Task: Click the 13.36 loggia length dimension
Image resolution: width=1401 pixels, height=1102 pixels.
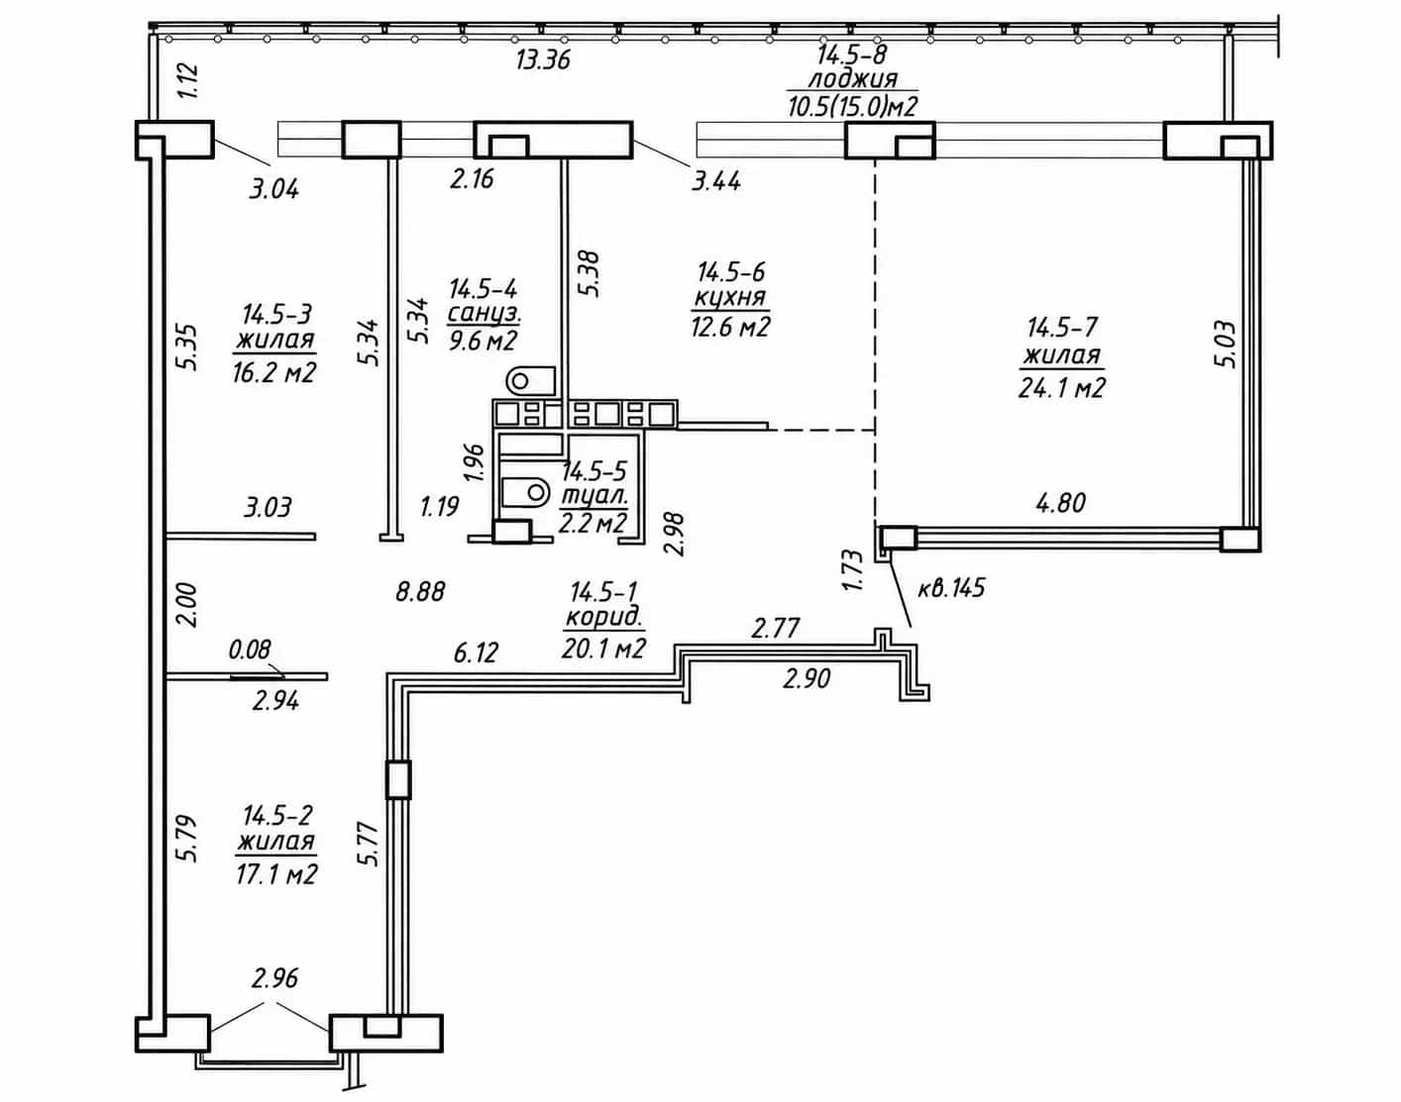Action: tap(543, 59)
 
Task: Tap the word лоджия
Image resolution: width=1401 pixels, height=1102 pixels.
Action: tap(852, 79)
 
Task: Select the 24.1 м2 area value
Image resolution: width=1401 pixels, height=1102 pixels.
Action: tap(1062, 388)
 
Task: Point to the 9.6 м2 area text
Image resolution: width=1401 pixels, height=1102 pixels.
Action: tap(483, 339)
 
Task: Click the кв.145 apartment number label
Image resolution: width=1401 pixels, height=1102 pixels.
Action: tap(950, 588)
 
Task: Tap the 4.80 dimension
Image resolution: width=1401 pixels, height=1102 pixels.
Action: tap(1061, 503)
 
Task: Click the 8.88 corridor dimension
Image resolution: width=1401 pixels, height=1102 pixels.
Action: tap(420, 591)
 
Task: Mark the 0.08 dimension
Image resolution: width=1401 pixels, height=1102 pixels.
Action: tap(250, 649)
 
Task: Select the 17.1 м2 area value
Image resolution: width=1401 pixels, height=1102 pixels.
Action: tap(276, 873)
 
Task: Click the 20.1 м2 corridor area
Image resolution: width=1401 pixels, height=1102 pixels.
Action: tap(603, 648)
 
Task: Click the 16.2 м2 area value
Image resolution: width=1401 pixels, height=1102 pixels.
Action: tap(274, 372)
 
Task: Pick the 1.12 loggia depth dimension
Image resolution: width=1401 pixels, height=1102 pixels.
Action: tap(188, 80)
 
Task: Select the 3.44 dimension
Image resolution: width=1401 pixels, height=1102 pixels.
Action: tap(716, 181)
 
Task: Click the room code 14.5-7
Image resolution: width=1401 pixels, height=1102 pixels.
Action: tap(1061, 327)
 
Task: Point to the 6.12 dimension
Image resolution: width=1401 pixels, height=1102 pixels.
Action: tap(476, 652)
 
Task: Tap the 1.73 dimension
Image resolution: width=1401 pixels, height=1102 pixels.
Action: tap(853, 570)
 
